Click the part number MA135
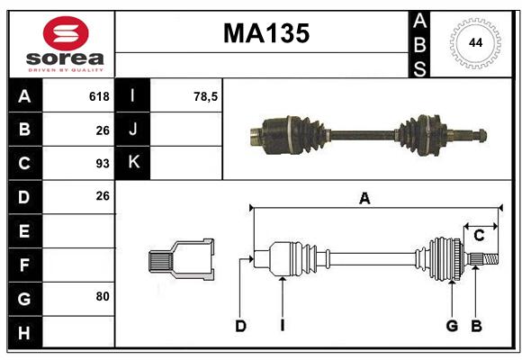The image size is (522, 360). tap(266, 33)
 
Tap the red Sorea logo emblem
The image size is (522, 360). tap(66, 33)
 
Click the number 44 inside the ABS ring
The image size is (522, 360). tap(475, 43)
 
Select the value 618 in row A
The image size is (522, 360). tap(99, 96)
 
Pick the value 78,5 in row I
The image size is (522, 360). tap(205, 96)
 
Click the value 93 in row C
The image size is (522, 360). tap(103, 164)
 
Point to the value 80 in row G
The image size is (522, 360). tap(103, 296)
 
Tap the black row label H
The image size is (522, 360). tap(25, 332)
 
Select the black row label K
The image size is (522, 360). tap(133, 163)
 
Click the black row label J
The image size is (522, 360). tap(133, 130)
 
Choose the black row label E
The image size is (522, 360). tap(25, 230)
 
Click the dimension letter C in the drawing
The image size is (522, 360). tap(479, 236)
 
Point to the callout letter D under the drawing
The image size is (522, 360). tap(240, 326)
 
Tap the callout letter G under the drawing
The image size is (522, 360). tap(452, 326)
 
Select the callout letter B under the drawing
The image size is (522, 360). tap(476, 326)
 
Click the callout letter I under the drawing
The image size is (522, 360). tap(283, 326)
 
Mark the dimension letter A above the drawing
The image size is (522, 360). tap(364, 199)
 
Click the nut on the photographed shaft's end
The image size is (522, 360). tap(482, 135)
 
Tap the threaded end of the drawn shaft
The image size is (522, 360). tap(490, 259)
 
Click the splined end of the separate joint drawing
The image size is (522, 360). tap(160, 261)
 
